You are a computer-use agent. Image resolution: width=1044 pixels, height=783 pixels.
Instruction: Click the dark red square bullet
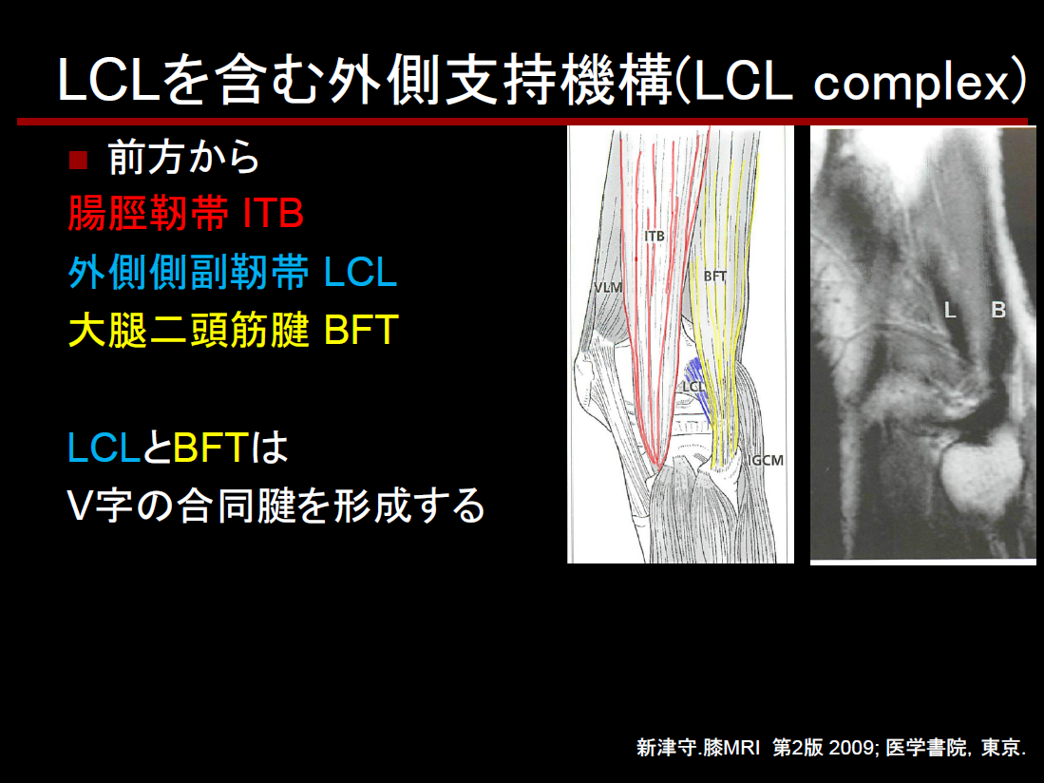tap(79, 160)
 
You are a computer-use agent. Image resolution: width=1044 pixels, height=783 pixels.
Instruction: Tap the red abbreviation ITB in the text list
tap(274, 214)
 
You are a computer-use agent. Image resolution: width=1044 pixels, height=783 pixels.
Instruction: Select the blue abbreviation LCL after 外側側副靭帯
tap(361, 273)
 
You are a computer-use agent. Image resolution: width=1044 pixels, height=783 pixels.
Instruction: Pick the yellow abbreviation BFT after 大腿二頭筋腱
tap(362, 330)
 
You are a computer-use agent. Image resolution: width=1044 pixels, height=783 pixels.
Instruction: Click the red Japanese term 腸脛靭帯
tap(148, 214)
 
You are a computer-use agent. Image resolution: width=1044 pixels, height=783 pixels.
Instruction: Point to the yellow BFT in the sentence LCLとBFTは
tap(211, 448)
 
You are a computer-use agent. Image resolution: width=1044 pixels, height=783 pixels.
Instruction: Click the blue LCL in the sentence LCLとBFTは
tap(104, 448)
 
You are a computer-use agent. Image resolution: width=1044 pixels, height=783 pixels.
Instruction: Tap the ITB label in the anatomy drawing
tap(655, 236)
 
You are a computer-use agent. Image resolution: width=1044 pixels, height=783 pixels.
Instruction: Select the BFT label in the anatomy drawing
tap(715, 276)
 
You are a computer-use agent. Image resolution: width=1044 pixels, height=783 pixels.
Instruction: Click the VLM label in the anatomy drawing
tap(608, 288)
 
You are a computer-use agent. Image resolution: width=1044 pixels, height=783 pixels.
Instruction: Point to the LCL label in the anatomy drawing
tap(693, 387)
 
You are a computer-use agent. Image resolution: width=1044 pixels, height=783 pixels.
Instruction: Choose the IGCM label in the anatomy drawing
tap(766, 460)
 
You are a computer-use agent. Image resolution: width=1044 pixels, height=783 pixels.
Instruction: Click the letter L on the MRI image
tap(950, 310)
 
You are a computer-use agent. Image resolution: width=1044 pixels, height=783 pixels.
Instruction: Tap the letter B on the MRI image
tap(998, 310)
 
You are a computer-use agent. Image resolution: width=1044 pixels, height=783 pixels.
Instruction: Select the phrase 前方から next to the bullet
tap(183, 158)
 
